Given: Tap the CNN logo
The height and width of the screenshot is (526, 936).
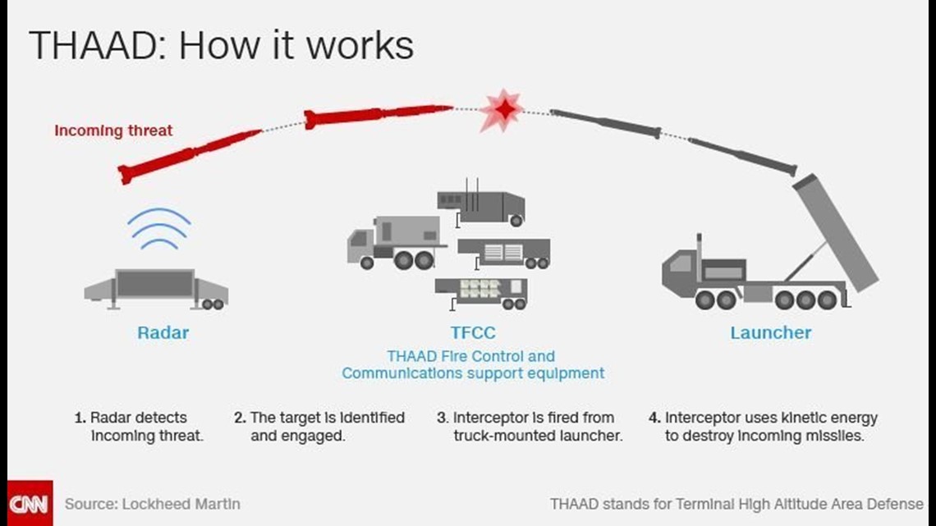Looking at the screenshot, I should [x=30, y=502].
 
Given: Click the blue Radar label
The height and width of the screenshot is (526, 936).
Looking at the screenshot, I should [x=163, y=333].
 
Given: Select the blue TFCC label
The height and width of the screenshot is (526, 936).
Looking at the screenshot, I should [x=473, y=333].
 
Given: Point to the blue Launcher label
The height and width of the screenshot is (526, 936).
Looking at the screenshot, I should [x=770, y=333].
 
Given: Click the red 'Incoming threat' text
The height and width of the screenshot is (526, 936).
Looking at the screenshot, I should [x=113, y=130].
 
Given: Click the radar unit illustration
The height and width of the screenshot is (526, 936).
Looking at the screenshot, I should [x=156, y=288].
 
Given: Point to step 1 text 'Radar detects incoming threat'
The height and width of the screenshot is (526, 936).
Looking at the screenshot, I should [x=138, y=427].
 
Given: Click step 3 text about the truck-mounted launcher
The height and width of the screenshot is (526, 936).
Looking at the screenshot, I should [x=529, y=427].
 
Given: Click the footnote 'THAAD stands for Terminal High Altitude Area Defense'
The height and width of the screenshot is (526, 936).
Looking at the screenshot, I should [x=736, y=503].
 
